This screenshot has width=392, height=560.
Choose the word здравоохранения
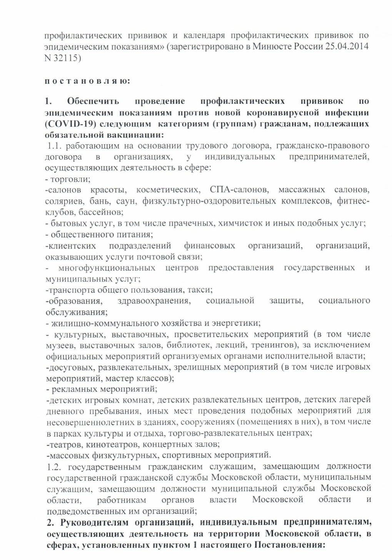point(154,301)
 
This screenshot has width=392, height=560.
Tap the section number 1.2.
point(55,467)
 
